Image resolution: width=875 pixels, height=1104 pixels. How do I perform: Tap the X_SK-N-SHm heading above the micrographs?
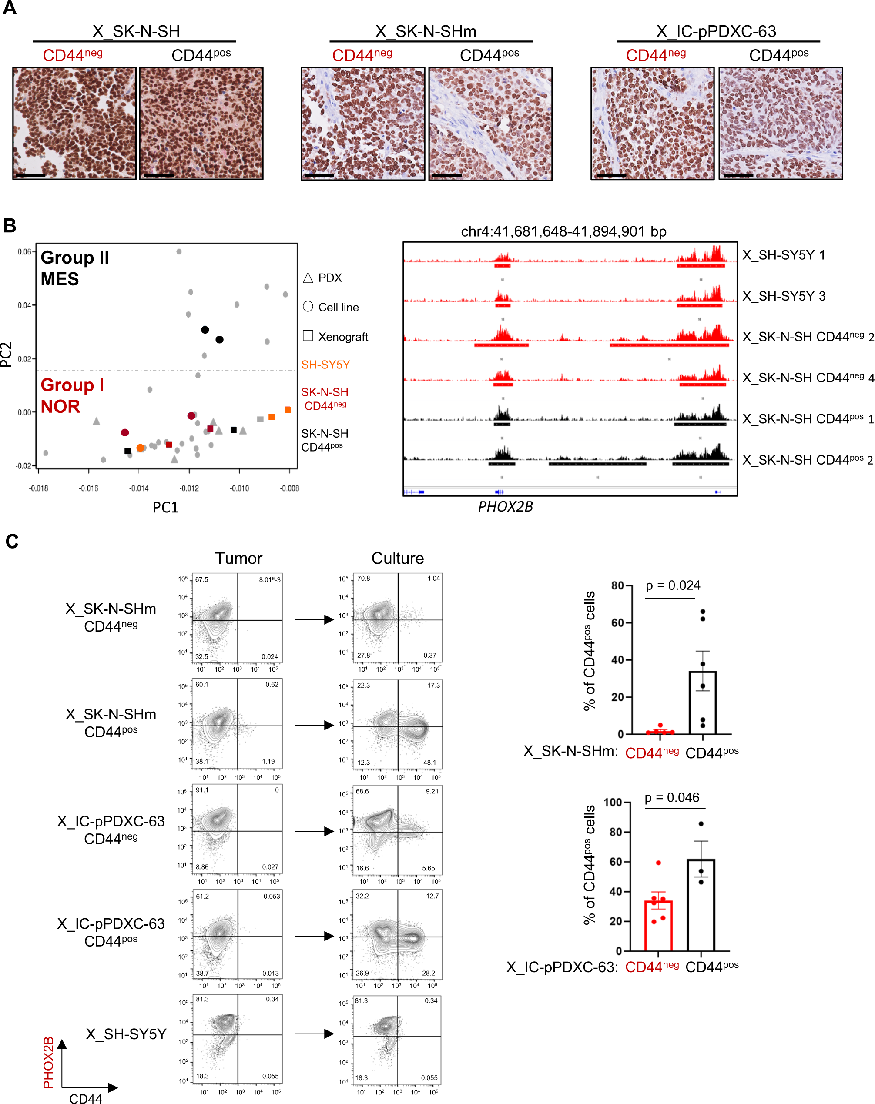pyautogui.click(x=426, y=32)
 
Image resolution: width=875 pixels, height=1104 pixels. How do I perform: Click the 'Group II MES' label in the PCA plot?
pyautogui.click(x=75, y=268)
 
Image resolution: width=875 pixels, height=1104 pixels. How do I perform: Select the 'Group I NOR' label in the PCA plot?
pyautogui.click(x=72, y=395)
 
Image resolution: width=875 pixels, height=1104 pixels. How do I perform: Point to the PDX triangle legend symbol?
pyautogui.click(x=308, y=278)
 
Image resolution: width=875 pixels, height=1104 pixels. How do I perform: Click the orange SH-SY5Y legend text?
pyautogui.click(x=325, y=365)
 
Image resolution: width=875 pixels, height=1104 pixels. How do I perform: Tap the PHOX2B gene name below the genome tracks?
pyautogui.click(x=505, y=506)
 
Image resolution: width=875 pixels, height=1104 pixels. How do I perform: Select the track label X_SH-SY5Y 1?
pyautogui.click(x=784, y=255)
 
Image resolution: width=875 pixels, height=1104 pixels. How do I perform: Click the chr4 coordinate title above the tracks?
pyautogui.click(x=563, y=231)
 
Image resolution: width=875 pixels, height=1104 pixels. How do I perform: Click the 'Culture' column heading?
pyautogui.click(x=398, y=558)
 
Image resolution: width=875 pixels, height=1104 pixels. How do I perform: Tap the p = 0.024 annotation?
pyautogui.click(x=673, y=585)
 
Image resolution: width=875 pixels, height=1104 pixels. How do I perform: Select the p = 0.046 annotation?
pyautogui.click(x=672, y=797)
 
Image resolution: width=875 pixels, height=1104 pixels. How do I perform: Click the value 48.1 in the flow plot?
pyautogui.click(x=430, y=763)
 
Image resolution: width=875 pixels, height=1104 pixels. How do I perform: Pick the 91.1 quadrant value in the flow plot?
pyautogui.click(x=202, y=790)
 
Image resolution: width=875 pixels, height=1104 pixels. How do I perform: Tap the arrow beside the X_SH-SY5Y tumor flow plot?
pyautogui.click(x=314, y=1034)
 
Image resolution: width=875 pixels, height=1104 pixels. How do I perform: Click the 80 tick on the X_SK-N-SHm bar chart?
pyautogui.click(x=617, y=585)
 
